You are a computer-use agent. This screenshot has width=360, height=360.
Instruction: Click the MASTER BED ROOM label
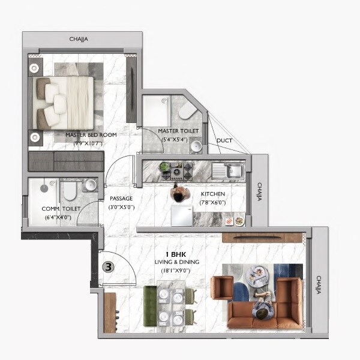coord(91,135)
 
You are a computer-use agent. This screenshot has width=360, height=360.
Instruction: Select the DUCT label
coord(224,141)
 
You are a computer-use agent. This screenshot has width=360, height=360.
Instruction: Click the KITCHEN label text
coord(213,194)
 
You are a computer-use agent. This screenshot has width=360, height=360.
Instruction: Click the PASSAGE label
coord(121,199)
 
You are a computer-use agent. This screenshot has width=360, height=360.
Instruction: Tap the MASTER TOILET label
coord(175,131)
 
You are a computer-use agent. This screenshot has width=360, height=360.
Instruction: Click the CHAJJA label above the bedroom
coord(79,40)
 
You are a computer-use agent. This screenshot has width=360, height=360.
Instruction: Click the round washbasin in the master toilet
coord(195,146)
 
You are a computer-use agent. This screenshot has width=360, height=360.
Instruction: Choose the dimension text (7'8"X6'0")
coord(213,203)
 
